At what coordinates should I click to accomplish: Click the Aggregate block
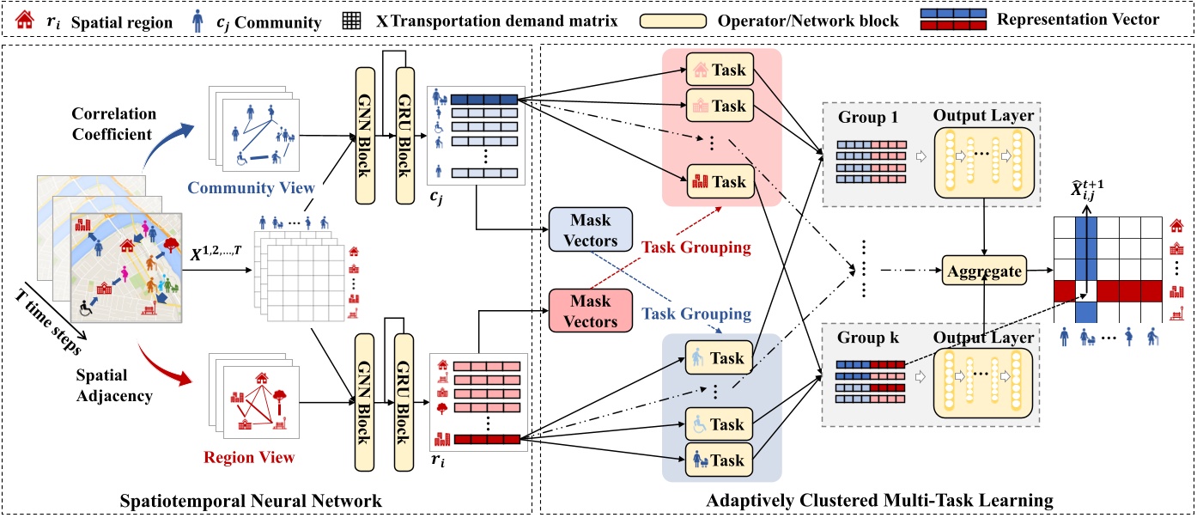[985, 271]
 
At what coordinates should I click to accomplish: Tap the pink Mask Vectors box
[590, 312]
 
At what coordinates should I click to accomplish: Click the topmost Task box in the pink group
[720, 70]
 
